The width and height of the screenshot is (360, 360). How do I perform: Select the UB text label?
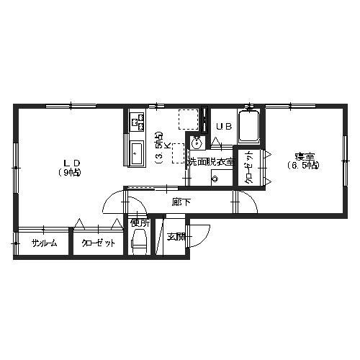tap(224, 127)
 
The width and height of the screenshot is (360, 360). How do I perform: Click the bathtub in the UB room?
tap(248, 127)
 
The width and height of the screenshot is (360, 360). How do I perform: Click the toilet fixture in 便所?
tap(139, 241)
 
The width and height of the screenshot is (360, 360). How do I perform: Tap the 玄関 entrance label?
tap(176, 238)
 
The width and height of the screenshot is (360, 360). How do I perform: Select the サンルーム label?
tap(44, 243)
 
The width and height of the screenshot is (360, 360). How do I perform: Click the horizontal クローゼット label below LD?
tap(98, 243)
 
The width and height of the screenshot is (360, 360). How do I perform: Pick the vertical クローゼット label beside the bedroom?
tap(249, 167)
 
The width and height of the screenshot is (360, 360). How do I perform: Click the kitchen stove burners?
tap(137, 121)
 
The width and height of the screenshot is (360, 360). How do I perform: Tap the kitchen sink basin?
tap(136, 153)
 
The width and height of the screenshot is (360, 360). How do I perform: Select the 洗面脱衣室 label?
tap(211, 162)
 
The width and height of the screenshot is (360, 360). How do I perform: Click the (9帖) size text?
tap(69, 173)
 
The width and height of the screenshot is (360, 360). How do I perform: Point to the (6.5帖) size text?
tap(304, 166)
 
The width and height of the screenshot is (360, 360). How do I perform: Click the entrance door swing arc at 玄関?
tap(207, 239)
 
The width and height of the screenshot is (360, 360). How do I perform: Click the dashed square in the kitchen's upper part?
tap(188, 120)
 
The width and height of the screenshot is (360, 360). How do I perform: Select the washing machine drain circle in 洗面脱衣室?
tap(215, 179)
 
